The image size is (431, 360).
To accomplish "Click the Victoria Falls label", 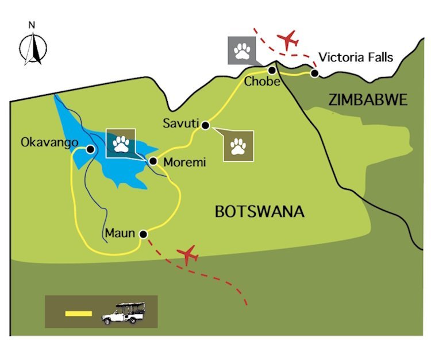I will point(356,57).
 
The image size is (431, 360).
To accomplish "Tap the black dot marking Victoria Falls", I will point(315,73).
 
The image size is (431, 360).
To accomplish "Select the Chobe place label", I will point(261,82).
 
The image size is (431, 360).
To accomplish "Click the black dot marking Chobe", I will point(272,70).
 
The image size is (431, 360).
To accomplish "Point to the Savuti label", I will point(180,123).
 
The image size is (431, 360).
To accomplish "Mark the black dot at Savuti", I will point(205,125).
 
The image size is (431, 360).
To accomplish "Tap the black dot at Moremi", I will point(153,161).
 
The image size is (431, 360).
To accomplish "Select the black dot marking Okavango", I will point(90,149).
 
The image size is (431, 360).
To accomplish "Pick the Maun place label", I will point(120,234).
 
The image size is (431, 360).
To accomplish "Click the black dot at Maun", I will point(143,234).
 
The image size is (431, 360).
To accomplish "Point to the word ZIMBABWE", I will point(368,100).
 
